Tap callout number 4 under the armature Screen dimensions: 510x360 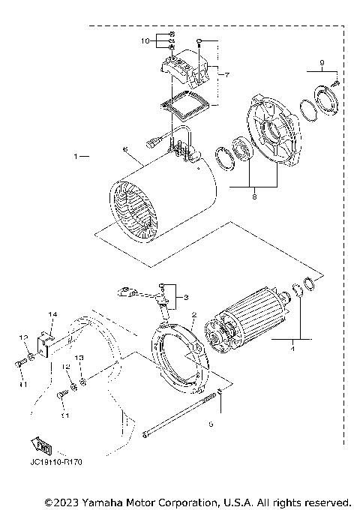tap(292, 347)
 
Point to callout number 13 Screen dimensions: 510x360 tap(79, 358)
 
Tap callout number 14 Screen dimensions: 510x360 tap(52, 313)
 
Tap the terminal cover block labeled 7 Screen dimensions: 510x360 tap(183, 71)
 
